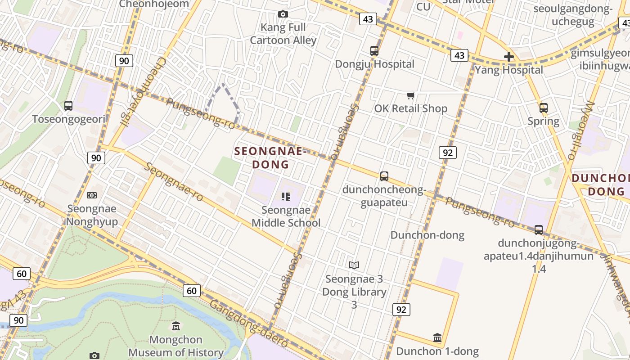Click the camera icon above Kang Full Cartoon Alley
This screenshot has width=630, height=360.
coord(283,14)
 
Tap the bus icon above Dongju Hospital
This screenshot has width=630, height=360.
coord(374,51)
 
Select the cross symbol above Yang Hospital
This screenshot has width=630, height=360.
coord(509,57)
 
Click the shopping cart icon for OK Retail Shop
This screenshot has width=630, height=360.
coord(410,95)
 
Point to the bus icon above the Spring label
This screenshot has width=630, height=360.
coord(544,108)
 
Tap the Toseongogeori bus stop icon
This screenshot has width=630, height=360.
coord(68,106)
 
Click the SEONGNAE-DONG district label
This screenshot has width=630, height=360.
coord(270,158)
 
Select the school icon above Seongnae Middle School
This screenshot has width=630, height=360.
coord(286,197)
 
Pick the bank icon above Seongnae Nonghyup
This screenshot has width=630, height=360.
coord(92,195)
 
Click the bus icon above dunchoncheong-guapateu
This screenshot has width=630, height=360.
coord(384,176)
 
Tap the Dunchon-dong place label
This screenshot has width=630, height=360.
coord(427,235)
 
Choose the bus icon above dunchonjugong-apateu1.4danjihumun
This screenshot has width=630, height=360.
coord(539,230)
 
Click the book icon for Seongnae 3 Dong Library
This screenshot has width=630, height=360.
coord(354,265)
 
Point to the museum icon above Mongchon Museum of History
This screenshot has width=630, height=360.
coord(176,326)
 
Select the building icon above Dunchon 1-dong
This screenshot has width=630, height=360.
coord(437,337)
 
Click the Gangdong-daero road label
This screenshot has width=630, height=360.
coord(249,324)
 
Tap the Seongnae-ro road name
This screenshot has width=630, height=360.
coord(174,182)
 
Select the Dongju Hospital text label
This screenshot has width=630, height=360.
coord(375,64)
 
